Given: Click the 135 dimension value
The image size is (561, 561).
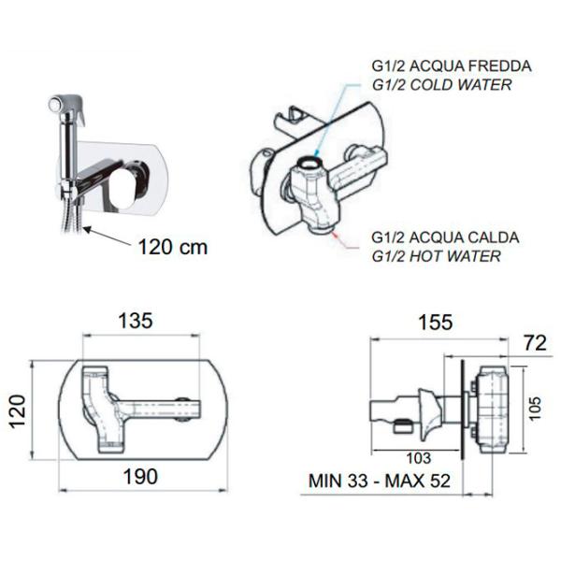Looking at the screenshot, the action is (136, 321).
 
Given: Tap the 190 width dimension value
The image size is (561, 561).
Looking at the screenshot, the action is (140, 477).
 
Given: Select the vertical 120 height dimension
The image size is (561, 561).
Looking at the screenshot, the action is (17, 411).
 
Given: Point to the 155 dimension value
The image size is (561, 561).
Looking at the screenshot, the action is (436, 322).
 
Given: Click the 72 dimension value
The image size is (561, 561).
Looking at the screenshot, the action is (535, 343).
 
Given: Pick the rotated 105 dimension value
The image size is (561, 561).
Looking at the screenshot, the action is (535, 409).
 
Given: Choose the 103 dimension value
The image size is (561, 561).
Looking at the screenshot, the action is (419, 458).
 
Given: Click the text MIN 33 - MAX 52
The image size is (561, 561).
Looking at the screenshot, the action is (380, 481).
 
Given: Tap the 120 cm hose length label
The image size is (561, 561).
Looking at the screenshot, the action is (173, 247).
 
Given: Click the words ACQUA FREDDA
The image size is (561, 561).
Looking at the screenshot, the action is (470, 66).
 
